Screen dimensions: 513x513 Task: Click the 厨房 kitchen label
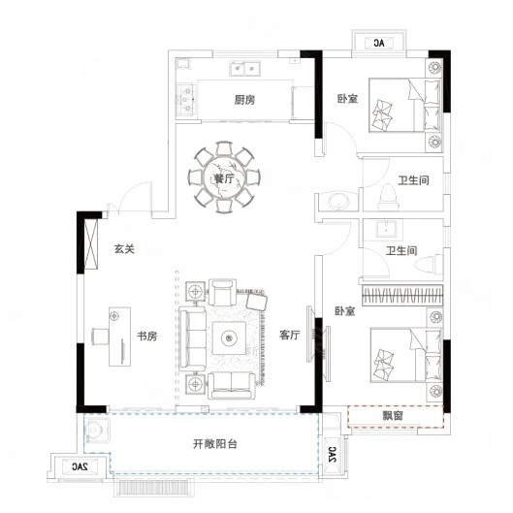(x=244, y=100)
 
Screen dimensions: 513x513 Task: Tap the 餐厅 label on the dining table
(x=224, y=178)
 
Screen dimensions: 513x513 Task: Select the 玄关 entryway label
(x=124, y=249)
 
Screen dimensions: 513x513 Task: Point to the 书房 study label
(x=146, y=336)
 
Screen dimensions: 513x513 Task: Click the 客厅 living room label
(x=290, y=335)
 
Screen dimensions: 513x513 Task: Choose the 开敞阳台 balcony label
(x=215, y=444)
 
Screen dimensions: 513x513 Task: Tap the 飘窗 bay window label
(x=393, y=416)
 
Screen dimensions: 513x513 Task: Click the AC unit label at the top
(x=379, y=43)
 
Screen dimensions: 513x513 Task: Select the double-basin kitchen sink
(x=244, y=69)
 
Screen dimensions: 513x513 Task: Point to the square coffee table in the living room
(x=229, y=338)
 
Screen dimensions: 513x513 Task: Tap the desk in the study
(x=119, y=337)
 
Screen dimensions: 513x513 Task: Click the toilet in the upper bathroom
(x=388, y=197)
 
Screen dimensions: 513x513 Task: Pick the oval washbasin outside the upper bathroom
(x=338, y=201)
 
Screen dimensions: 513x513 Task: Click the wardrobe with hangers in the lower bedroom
(x=402, y=295)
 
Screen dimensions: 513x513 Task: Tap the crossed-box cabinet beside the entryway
(x=91, y=244)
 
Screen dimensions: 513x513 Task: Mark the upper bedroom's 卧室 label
(x=348, y=99)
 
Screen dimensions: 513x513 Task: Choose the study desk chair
(x=100, y=337)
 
